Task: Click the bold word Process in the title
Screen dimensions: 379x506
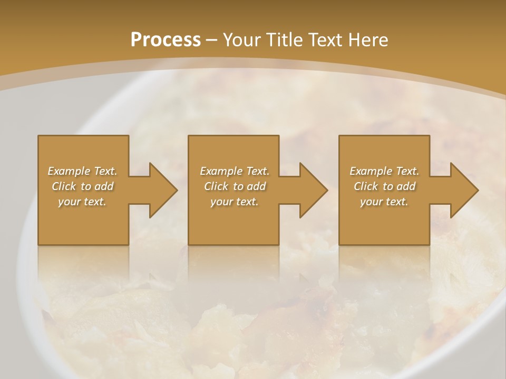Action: coord(166,40)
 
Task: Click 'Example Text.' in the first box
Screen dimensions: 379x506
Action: coord(83,171)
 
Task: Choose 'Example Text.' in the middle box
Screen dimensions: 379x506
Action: coord(235,171)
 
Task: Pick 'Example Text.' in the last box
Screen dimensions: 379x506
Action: coord(384,171)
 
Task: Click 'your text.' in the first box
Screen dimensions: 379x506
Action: coord(83,202)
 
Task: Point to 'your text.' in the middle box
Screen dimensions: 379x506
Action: coord(235,202)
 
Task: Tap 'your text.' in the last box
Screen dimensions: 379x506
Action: coord(384,202)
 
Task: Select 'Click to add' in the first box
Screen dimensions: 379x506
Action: coord(83,186)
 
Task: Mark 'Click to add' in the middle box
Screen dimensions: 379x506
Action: coord(235,186)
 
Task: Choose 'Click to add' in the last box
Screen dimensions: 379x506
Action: coord(384,186)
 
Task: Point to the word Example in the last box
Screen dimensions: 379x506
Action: coord(371,171)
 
